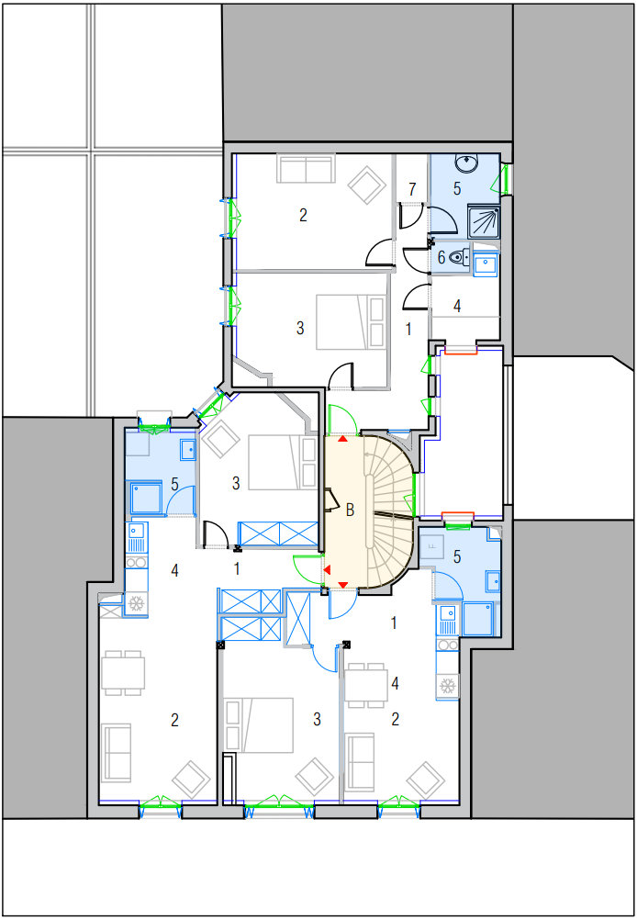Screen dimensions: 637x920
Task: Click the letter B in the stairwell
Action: (351, 510)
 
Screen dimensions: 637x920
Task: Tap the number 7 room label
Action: (412, 189)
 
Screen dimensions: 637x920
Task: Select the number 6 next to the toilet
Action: (441, 257)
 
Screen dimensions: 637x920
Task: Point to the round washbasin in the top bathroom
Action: (466, 163)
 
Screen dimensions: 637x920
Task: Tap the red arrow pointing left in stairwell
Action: (327, 569)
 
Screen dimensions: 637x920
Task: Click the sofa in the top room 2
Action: (307, 168)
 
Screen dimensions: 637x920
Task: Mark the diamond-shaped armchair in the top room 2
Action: (368, 186)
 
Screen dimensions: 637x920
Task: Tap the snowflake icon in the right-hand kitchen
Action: (448, 685)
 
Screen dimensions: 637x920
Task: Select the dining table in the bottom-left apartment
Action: (123, 672)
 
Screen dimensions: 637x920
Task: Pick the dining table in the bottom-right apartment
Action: (365, 685)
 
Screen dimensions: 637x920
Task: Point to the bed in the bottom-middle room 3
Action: (259, 724)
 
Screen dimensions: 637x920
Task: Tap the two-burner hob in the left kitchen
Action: (137, 563)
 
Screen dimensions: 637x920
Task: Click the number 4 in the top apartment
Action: (457, 306)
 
